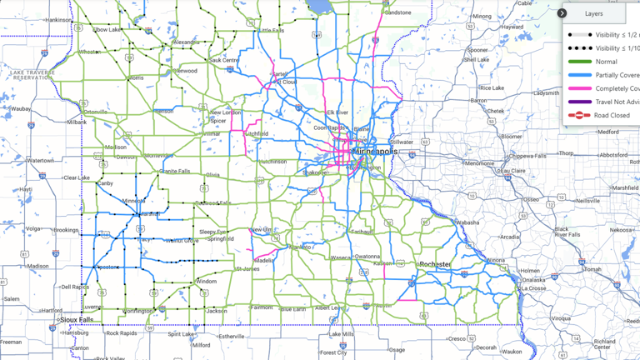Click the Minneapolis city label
tap(376, 152)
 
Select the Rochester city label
tap(435, 265)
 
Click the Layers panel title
tap(593, 13)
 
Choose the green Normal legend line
tap(580, 62)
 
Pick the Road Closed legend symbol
tap(580, 115)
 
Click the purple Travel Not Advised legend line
tap(580, 102)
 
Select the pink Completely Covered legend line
tap(580, 88)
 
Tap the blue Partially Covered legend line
tap(580, 75)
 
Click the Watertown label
tap(39, 160)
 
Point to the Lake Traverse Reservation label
tap(33, 75)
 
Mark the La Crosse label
tap(532, 288)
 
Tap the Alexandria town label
tap(185, 42)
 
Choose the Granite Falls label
tap(174, 171)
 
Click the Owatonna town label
tap(367, 257)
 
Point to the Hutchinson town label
tap(272, 162)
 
